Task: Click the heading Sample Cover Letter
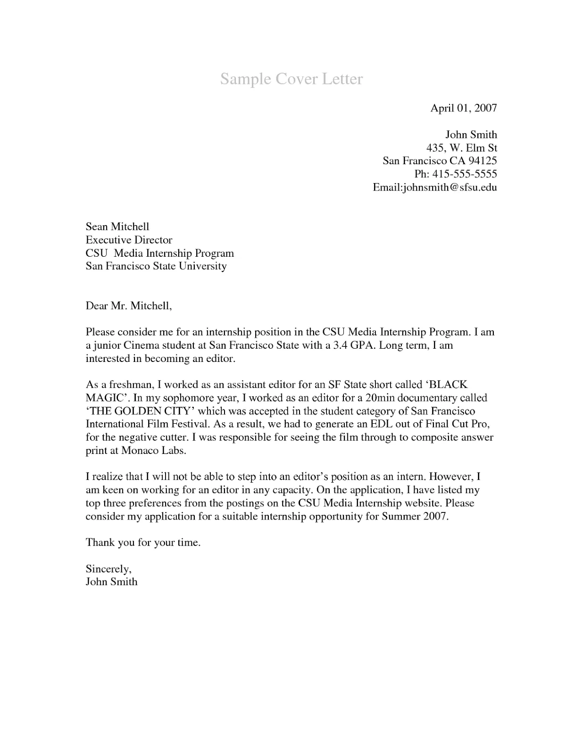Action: (291, 79)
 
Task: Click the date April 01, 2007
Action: (463, 108)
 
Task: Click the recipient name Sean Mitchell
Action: (117, 226)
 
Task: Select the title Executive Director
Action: (129, 240)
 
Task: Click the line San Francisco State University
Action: (156, 266)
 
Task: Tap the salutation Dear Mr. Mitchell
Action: (128, 306)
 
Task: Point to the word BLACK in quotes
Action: (449, 385)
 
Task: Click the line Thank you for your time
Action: (143, 543)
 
